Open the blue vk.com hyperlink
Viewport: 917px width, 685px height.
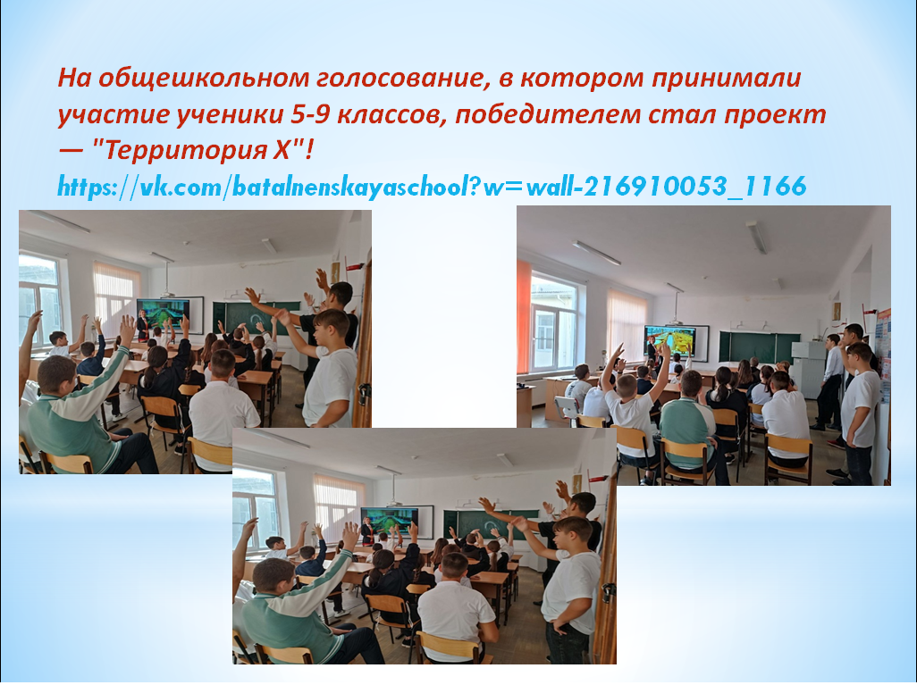pyautogui.click(x=432, y=187)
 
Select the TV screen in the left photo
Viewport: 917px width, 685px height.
pyautogui.click(x=164, y=314)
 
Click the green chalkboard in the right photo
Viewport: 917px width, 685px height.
pyautogui.click(x=759, y=347)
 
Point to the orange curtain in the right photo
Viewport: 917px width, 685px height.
pyautogui.click(x=524, y=316)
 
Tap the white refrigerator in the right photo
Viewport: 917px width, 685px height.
pyautogui.click(x=808, y=370)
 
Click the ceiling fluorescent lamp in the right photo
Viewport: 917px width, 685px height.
pyautogui.click(x=596, y=253)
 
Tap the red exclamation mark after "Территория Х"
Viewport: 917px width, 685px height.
pyautogui.click(x=309, y=151)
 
